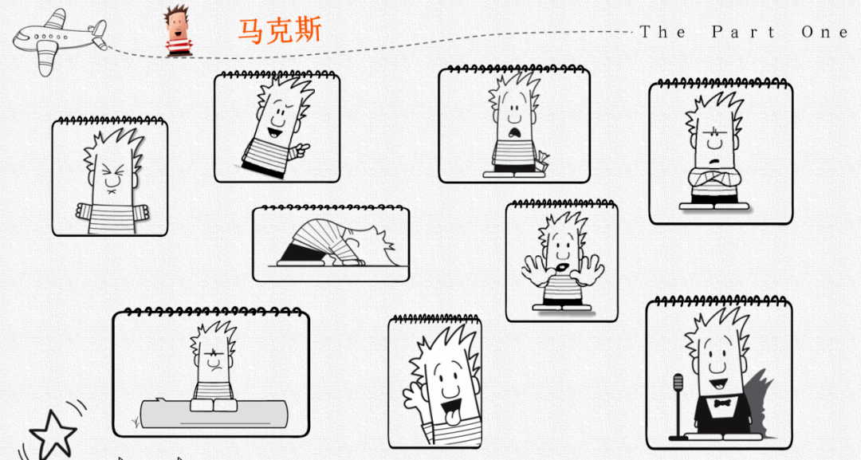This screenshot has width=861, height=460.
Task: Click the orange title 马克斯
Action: point(280,30)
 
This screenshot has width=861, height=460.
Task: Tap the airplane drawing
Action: point(59,41)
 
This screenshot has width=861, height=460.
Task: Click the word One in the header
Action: point(825,32)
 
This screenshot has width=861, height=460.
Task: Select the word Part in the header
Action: point(744,32)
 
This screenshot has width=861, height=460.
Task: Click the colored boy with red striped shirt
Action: point(178,31)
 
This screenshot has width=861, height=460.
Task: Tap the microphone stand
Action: point(678,407)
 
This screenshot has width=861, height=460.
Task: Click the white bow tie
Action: point(722,403)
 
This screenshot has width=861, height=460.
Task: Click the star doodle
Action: point(53,434)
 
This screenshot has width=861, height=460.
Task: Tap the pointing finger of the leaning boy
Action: point(301,147)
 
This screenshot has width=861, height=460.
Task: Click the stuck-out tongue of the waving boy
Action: point(450,418)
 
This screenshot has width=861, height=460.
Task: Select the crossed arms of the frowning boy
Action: point(714,178)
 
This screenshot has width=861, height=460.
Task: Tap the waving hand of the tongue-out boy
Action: point(414,394)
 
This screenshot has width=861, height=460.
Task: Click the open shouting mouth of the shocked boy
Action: point(515,132)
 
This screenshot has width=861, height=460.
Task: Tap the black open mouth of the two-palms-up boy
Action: point(563,267)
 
